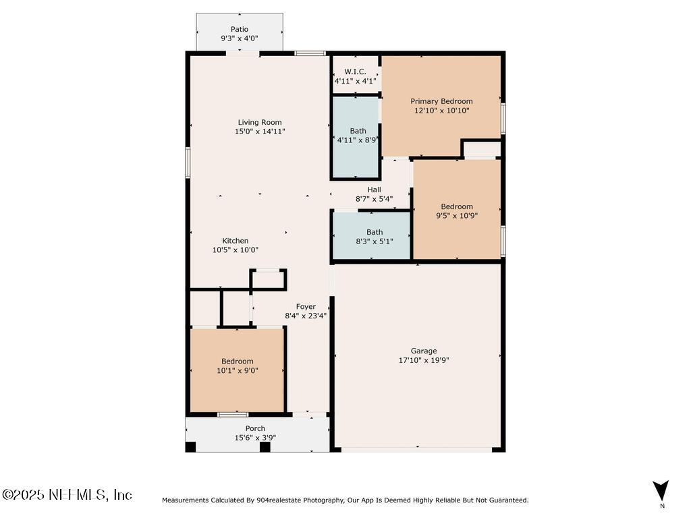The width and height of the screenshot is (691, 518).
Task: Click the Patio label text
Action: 240,29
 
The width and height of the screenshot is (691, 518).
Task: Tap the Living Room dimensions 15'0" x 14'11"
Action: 260,132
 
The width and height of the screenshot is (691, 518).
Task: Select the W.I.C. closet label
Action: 355,71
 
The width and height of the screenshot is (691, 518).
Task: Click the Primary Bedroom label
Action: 441,101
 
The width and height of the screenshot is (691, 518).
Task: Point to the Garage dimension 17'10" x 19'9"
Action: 424,360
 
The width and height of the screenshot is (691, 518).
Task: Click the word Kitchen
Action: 236,241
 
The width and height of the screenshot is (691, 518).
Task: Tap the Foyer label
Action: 306,307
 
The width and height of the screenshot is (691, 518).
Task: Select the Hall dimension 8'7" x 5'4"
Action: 375,199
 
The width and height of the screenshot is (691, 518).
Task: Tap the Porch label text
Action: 255,428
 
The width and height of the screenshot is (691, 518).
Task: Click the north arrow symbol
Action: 661,490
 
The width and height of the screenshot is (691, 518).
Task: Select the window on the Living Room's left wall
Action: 188,163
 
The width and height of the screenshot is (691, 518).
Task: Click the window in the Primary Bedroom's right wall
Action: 503,119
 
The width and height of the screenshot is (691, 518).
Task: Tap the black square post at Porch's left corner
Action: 190,447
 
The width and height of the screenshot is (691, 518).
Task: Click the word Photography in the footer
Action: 322,500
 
